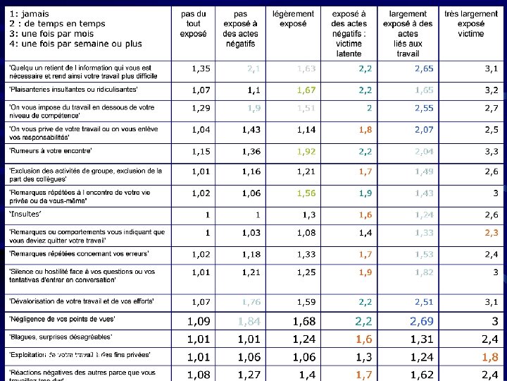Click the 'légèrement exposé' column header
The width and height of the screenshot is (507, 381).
pos(293,18)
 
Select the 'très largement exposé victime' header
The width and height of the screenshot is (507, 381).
pos(470,23)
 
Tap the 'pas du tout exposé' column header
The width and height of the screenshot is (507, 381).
pos(194,23)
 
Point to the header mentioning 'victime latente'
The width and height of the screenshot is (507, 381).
pos(349,33)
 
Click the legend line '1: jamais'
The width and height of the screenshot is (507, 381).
pos(32,14)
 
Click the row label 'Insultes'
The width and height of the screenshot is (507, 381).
pos(25,214)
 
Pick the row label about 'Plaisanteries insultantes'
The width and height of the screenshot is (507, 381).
pos(73,90)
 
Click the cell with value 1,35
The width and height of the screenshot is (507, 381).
pos(201,68)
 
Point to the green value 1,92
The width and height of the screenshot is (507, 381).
pos(306,152)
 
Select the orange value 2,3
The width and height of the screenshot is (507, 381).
pos(491,232)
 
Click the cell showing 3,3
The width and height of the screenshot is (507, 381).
pos(491,152)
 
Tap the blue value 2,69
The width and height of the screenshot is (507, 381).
pos(422,321)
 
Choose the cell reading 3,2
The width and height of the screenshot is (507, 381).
pos(491,90)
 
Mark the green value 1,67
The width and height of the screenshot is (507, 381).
pos(306,90)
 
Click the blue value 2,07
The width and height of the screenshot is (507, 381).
pos(424,130)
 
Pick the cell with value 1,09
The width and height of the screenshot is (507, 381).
pos(199,321)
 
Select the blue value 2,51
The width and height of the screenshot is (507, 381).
pos(424,302)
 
